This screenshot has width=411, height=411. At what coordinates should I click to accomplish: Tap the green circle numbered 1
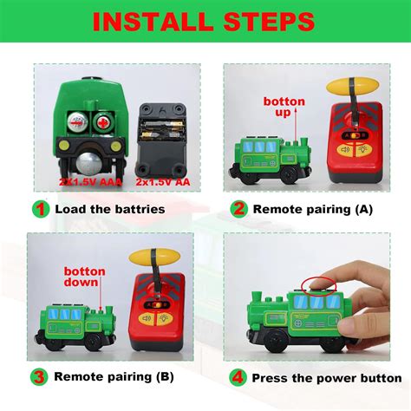40,208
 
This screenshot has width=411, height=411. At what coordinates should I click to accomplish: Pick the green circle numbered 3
40,376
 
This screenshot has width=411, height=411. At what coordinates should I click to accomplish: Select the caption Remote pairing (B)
112,376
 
